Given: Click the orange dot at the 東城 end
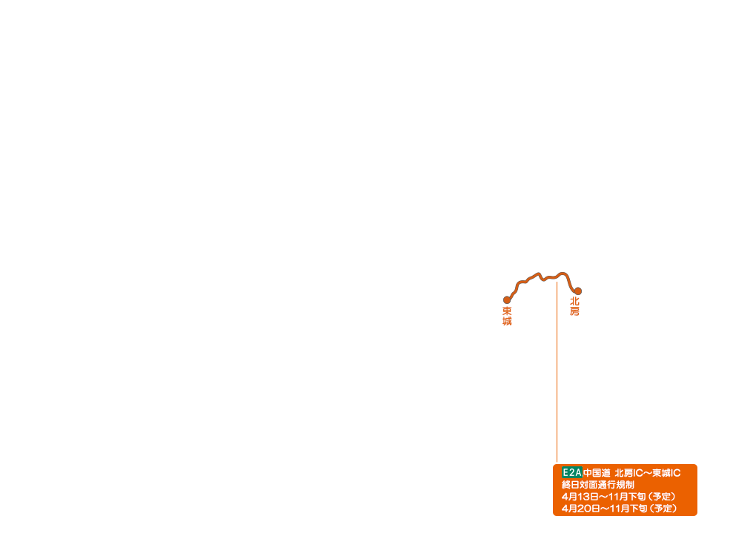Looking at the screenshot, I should pos(507,300).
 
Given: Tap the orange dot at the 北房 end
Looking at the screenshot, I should pos(578,291).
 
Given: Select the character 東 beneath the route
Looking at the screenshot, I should pos(507,311).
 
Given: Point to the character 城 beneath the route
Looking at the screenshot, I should pos(507,322).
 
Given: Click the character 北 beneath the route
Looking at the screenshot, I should pos(574,302).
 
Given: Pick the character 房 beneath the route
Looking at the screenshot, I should pos(574,312).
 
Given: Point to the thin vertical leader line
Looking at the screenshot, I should pos(557,371).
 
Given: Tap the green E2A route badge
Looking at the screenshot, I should pos(571,472).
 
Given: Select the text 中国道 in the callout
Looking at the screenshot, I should pos(597,473).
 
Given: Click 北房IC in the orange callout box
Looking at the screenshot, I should pos(628,473).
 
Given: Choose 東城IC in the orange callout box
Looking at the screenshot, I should pos(666,473).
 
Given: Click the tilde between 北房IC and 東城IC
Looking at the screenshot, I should pos(648,473).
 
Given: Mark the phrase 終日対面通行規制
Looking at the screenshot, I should pos(598,485).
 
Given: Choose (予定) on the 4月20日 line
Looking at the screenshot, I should pos(663,509).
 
